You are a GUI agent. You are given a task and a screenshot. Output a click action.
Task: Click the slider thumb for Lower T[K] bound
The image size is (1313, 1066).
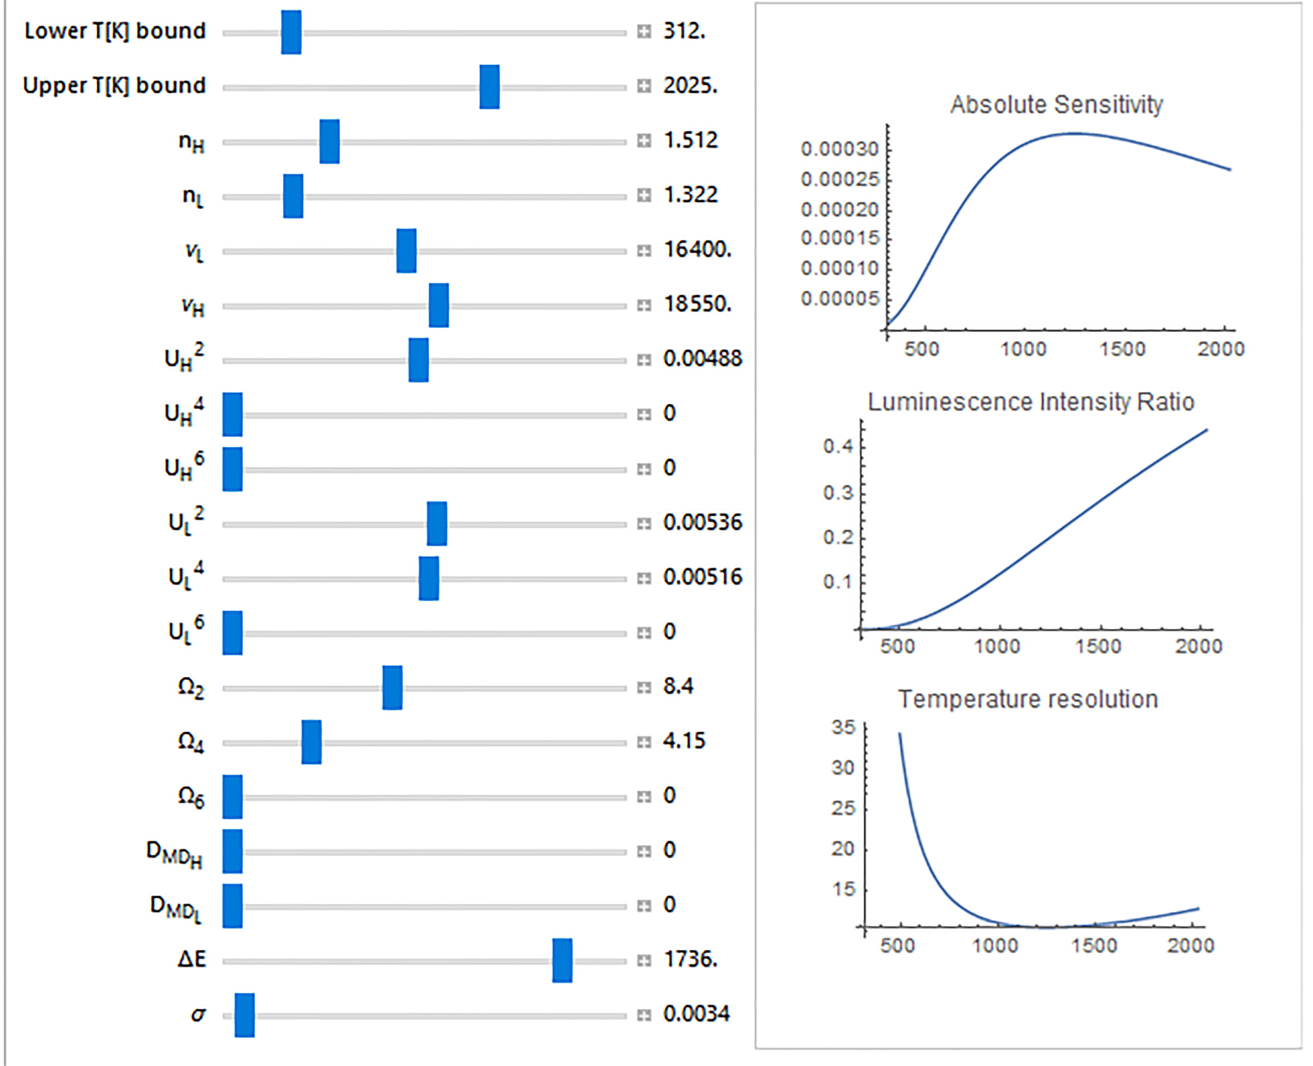(291, 32)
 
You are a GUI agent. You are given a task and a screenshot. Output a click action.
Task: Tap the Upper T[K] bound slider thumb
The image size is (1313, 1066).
(490, 87)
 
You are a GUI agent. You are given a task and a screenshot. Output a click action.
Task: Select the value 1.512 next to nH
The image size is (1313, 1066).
(690, 141)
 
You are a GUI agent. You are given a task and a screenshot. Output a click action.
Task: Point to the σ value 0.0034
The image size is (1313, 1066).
(696, 1014)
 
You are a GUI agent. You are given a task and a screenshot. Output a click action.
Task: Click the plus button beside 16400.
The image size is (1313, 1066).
(643, 250)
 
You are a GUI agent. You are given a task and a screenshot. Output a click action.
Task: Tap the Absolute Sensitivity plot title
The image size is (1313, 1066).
(1056, 105)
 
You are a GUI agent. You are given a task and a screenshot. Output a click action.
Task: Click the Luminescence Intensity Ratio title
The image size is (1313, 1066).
(1030, 402)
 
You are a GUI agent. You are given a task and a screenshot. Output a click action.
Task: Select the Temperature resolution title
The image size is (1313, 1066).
(1028, 699)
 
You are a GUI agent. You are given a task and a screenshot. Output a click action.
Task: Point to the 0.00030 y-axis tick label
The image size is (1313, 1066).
(840, 149)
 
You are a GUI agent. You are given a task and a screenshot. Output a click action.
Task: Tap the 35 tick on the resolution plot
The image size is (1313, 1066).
(843, 727)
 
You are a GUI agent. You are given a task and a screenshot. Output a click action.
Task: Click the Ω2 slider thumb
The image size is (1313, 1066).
(392, 688)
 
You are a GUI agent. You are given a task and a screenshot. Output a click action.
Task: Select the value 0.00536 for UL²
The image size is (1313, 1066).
(702, 523)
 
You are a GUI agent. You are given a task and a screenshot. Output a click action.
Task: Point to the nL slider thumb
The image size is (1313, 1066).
(293, 196)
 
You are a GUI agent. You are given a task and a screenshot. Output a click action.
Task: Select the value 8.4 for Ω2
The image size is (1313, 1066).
(679, 686)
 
